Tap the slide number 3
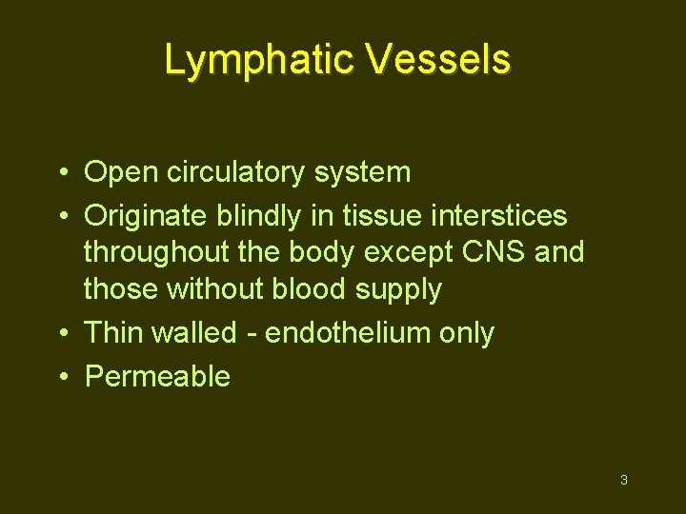point(623,480)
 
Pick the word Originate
point(144,216)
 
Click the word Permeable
point(157,376)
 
